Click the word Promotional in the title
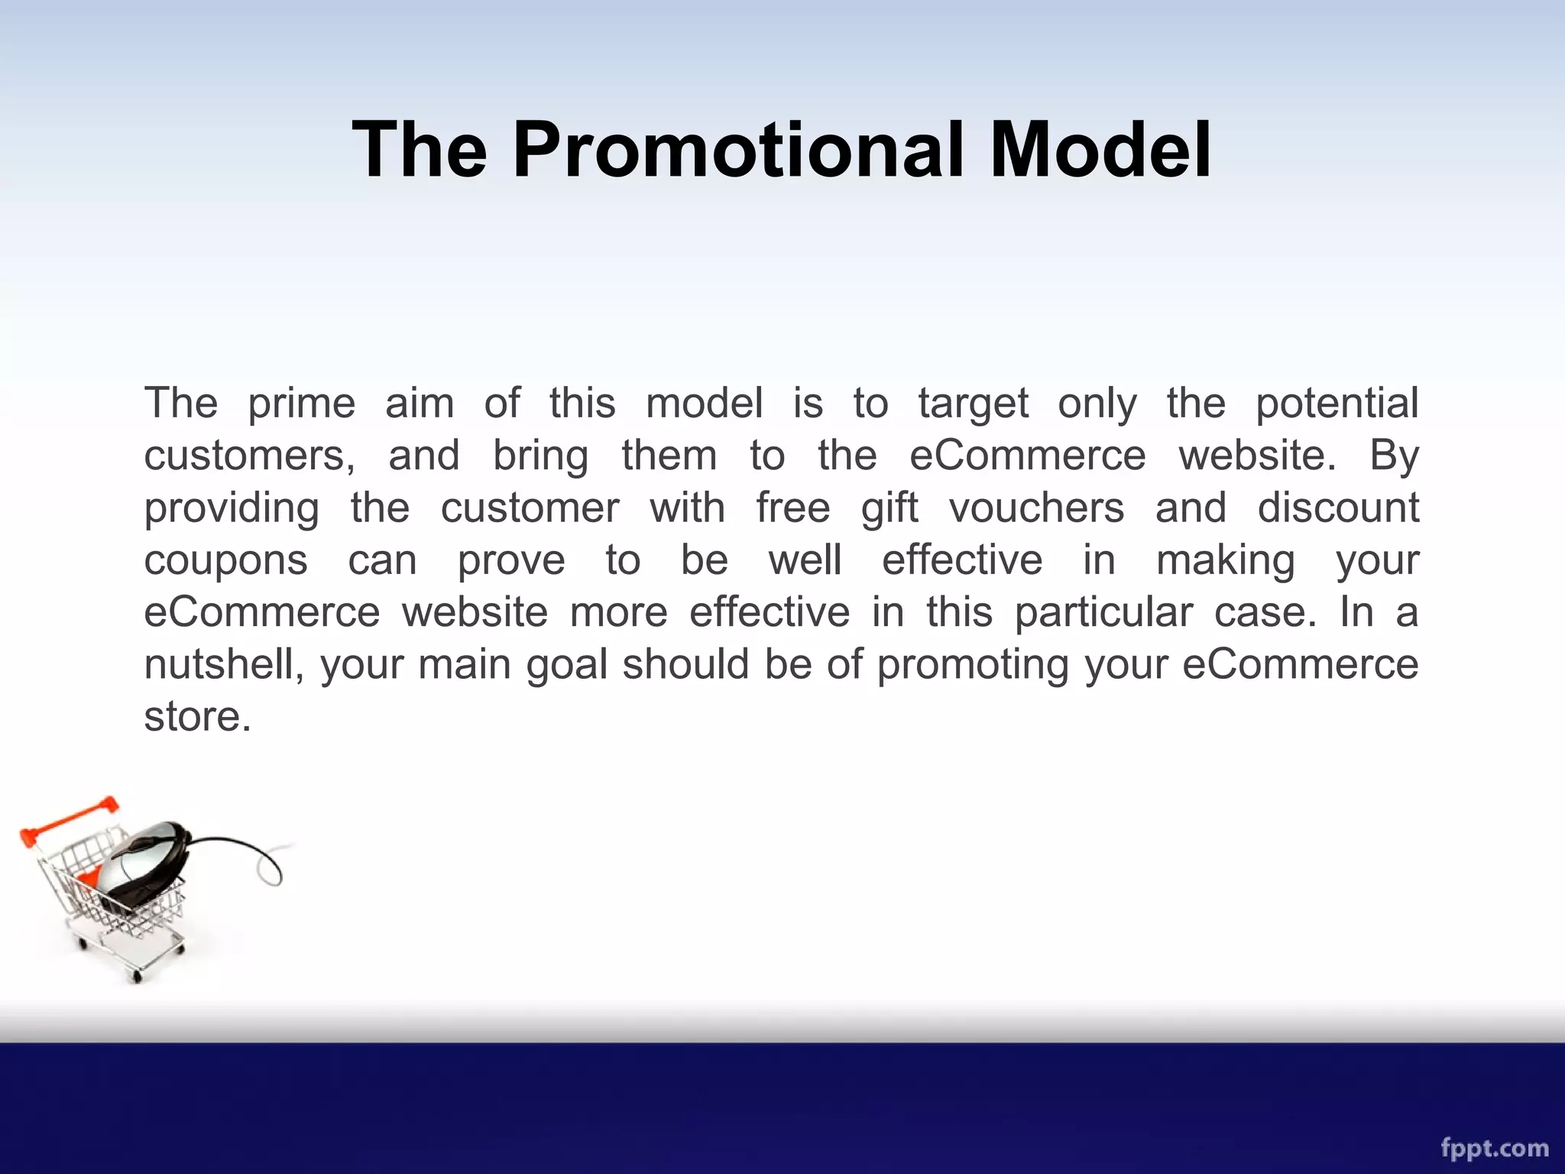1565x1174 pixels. (741, 150)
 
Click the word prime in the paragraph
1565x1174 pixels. (301, 404)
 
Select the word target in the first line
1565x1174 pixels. (973, 404)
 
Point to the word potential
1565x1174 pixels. (1337, 404)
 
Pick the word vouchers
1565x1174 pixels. (1036, 508)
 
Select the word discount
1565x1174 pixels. (1337, 508)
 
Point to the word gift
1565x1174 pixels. (889, 508)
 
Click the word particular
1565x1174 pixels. (1103, 613)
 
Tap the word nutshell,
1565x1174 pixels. (224, 665)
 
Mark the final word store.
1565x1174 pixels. (197, 717)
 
